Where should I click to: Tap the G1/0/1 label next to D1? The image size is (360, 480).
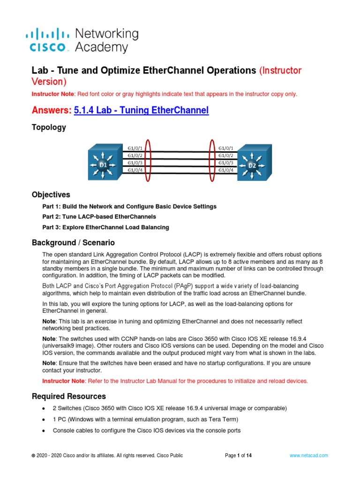(135, 148)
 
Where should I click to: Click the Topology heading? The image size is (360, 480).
(49, 127)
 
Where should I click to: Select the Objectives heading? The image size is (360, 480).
(51, 195)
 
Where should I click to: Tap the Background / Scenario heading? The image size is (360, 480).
(73, 243)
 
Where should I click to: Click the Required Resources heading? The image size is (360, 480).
(69, 396)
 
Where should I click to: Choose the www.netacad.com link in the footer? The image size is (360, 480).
(308, 455)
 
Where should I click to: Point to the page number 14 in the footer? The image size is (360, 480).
(249, 455)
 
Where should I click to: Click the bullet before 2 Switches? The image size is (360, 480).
(44, 408)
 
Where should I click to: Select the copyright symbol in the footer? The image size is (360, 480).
(33, 455)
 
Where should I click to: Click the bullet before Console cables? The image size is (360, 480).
(44, 430)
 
